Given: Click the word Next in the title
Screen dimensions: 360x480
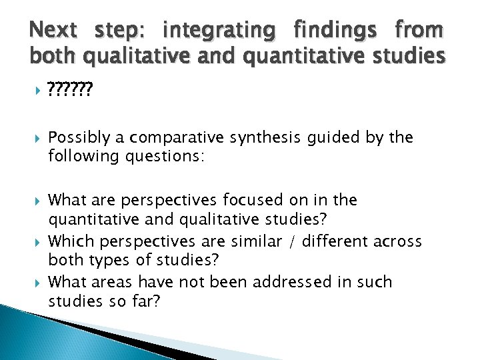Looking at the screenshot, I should [x=54, y=30].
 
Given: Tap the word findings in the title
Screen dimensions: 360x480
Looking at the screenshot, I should [x=334, y=30].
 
